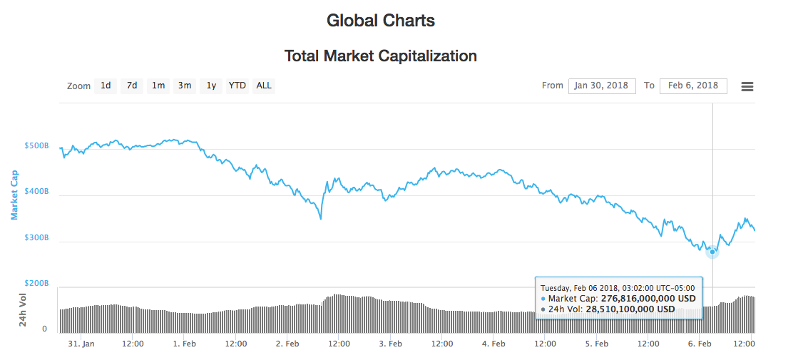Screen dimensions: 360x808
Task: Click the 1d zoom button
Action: [106, 86]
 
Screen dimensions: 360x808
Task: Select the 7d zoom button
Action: [132, 86]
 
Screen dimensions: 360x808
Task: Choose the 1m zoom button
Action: [158, 86]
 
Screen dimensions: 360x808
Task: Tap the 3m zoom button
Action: [185, 86]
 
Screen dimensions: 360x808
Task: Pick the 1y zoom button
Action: [211, 86]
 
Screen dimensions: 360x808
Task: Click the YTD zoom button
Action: [237, 86]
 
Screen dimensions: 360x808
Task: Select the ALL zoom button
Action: [264, 86]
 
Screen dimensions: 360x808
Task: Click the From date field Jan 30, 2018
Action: [602, 86]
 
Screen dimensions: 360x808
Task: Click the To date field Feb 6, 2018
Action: [693, 86]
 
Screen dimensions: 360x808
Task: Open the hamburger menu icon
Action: [747, 86]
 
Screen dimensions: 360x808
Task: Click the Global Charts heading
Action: [381, 20]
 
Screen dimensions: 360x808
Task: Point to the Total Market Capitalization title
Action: [381, 56]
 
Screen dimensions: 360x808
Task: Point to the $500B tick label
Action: [36, 145]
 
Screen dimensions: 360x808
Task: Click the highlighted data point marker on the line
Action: [712, 252]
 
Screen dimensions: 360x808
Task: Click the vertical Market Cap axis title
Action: [14, 195]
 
